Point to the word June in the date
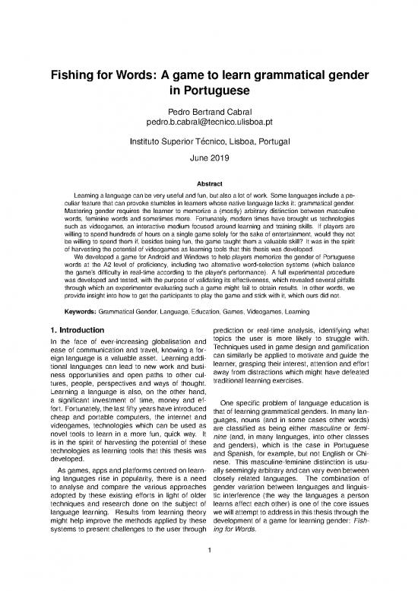click(x=198, y=160)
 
